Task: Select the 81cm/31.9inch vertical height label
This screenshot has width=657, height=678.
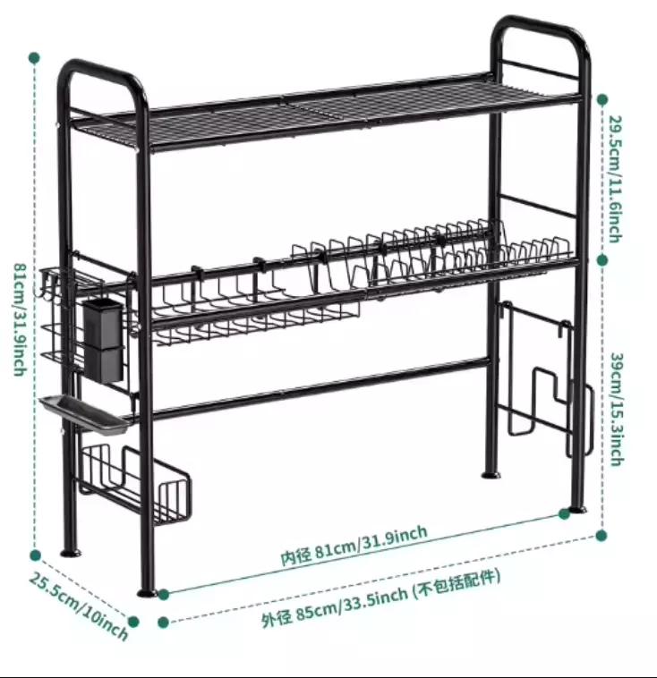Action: click(19, 318)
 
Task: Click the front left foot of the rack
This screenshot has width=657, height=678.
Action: click(146, 591)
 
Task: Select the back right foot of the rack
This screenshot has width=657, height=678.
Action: click(491, 470)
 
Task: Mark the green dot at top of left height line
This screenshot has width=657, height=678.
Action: click(34, 57)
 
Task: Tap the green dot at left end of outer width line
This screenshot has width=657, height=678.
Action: click(163, 622)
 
